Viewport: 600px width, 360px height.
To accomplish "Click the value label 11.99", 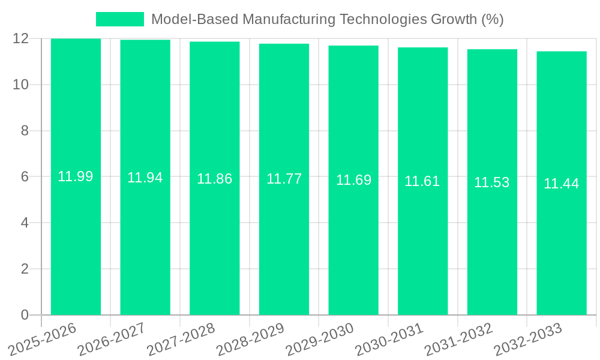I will (76, 177).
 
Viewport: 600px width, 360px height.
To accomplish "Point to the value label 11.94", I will (145, 178).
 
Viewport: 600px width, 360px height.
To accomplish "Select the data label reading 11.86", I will (215, 179).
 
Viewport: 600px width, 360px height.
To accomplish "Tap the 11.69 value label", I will (353, 180).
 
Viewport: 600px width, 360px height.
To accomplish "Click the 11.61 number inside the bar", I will (422, 181).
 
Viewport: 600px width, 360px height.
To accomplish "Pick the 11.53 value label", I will (492, 182).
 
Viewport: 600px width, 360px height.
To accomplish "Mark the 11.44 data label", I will (562, 184).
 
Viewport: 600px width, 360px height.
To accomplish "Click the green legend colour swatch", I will (120, 19).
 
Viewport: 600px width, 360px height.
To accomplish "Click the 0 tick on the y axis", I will (25, 315).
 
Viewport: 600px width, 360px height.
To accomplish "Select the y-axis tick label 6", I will (25, 177).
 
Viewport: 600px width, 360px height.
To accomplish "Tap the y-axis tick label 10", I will (21, 85).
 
